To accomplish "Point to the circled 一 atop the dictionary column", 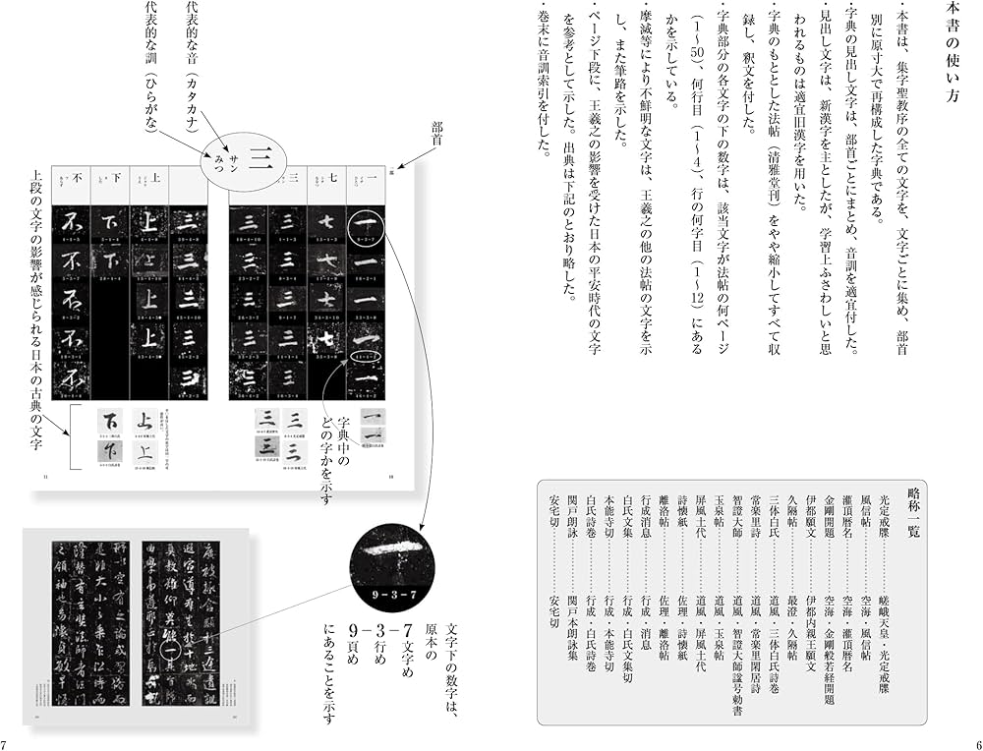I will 365,223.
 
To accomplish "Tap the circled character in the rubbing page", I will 168,648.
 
